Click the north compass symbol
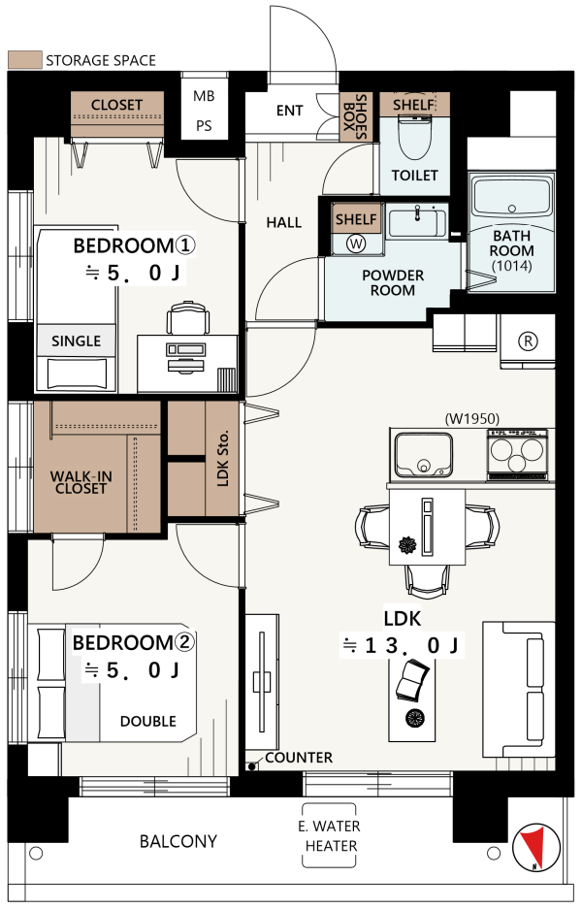(x=536, y=848)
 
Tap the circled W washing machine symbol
(x=357, y=243)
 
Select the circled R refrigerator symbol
(x=528, y=341)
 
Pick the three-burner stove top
(x=517, y=454)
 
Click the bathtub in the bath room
(x=511, y=197)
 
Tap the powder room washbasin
(x=417, y=221)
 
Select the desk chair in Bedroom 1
(x=188, y=317)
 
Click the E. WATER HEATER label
(x=329, y=835)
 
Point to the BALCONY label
(x=178, y=841)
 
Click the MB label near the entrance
(x=204, y=96)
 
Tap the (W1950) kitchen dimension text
(x=471, y=418)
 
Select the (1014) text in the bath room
(x=510, y=266)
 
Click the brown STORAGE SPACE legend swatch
(x=25, y=60)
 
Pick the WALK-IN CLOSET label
(x=81, y=482)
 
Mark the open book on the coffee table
(x=412, y=682)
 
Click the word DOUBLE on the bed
(x=147, y=721)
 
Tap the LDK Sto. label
(x=222, y=458)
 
